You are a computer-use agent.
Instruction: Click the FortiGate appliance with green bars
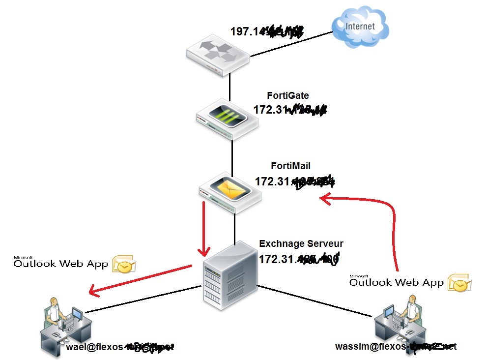(x=226, y=119)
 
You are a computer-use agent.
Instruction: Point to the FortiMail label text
(x=290, y=167)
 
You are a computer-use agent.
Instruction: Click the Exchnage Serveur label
(x=301, y=243)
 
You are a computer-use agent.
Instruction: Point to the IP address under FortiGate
(x=290, y=110)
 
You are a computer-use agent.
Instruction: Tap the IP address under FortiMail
(x=294, y=181)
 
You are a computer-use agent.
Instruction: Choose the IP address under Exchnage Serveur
(x=299, y=258)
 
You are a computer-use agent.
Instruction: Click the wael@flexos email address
(x=120, y=347)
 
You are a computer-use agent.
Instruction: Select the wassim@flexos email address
(x=396, y=346)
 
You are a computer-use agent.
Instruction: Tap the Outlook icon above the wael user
(x=123, y=264)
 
